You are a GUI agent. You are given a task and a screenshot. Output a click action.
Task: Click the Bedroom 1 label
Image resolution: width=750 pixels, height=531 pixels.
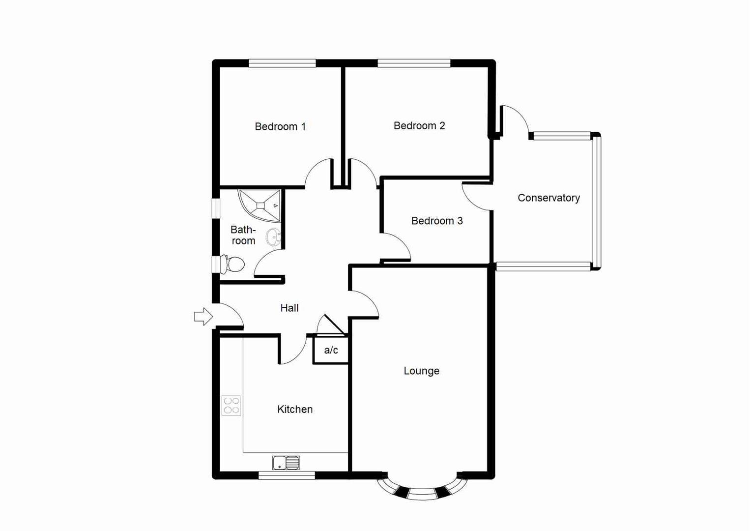tap(280, 127)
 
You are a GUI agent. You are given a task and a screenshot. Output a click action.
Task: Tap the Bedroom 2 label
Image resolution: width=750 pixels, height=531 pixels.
tap(419, 126)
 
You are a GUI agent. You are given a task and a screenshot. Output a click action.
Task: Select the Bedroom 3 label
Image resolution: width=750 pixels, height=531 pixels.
tap(437, 221)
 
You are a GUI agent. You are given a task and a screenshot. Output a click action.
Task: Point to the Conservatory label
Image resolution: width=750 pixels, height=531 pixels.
tap(548, 198)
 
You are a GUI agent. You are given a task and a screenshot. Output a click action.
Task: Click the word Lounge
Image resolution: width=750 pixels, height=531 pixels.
tap(421, 371)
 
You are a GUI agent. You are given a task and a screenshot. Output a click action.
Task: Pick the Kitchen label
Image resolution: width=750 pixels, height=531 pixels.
tap(295, 409)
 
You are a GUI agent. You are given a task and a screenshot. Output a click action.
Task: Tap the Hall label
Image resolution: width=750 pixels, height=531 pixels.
tap(289, 308)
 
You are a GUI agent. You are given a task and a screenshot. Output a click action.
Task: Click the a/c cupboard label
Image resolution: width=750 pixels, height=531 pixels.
tap(331, 350)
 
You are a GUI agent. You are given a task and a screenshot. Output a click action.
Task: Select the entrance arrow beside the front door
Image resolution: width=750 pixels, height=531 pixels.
tap(203, 317)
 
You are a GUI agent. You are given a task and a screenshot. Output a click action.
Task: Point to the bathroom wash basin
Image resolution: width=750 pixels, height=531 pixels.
tap(273, 237)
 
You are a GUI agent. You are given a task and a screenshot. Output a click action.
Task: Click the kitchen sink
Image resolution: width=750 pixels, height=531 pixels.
tap(286, 463)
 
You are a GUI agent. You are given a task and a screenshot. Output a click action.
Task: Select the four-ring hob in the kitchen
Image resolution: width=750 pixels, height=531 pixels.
tap(231, 406)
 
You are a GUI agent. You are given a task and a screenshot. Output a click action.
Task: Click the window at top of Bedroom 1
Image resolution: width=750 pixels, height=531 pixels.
tap(282, 63)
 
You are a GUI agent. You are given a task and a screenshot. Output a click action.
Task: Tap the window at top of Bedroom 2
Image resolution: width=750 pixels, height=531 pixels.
tap(414, 63)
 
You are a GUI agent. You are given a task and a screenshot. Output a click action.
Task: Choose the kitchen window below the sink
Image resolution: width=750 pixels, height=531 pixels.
tap(287, 475)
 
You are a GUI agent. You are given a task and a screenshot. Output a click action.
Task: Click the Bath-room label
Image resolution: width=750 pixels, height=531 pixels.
tap(243, 235)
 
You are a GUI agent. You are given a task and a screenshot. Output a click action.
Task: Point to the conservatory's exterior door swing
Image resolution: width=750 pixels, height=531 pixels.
tap(516, 120)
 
